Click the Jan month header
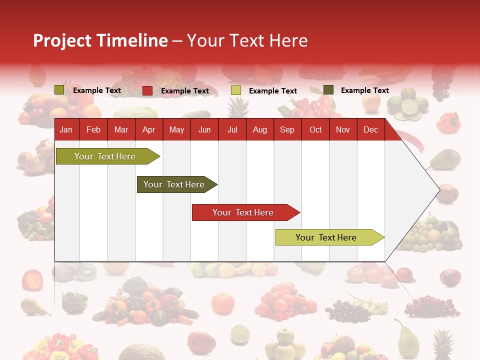[x=66, y=129]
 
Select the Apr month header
[x=149, y=129]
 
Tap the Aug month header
[x=260, y=129]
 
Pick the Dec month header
[x=370, y=129]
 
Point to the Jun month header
[x=204, y=129]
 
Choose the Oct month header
[x=315, y=129]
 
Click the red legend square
[x=147, y=90]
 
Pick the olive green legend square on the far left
[x=59, y=90]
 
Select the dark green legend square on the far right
[x=328, y=90]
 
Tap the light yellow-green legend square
[x=236, y=90]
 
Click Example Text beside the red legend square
[x=185, y=91]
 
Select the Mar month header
[x=121, y=129]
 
